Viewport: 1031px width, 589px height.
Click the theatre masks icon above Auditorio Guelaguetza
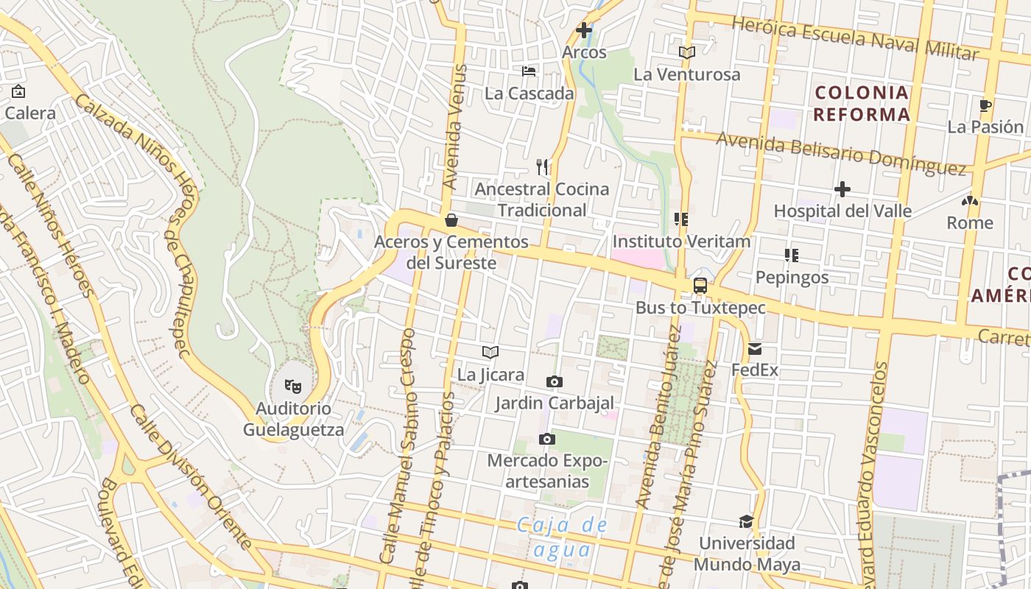point(293,386)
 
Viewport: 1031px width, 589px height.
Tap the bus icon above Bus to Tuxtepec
point(700,286)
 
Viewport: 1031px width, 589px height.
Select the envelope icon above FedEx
point(755,349)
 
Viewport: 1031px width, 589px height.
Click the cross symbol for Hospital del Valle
point(842,189)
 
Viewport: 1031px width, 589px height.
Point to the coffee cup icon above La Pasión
point(985,105)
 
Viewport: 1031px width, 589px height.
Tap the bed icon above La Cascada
point(529,71)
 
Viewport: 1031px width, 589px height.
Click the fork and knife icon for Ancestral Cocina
point(543,167)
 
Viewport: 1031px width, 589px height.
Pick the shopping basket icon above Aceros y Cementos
point(451,220)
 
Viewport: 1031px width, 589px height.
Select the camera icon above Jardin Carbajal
point(554,381)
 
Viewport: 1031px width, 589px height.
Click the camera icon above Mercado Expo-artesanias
point(546,440)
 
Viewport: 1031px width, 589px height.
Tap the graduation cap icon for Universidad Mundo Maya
point(747,521)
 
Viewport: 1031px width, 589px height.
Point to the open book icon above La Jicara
point(490,353)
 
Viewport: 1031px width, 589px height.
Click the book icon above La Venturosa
point(686,52)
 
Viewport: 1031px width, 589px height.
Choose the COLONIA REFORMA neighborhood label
point(862,104)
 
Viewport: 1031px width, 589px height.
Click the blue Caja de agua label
point(563,537)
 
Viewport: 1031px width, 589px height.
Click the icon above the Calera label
point(18,92)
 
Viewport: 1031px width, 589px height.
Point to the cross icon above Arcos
point(584,30)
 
